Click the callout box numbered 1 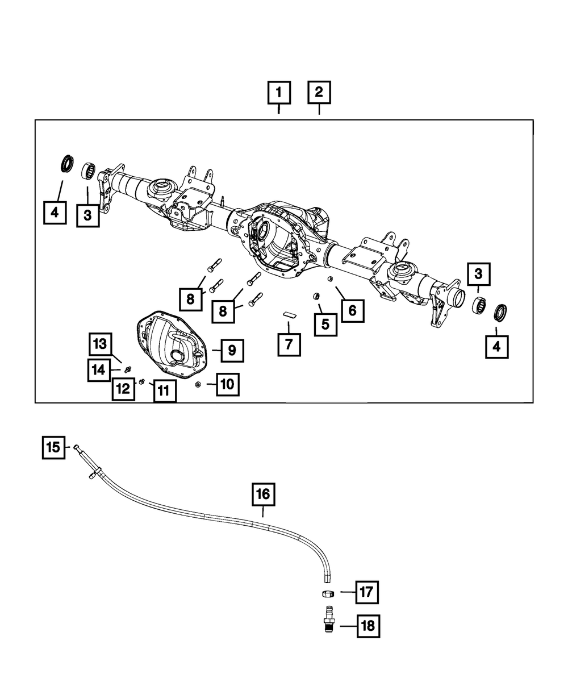click(x=279, y=92)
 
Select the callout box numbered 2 click(x=319, y=92)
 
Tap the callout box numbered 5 click(x=325, y=323)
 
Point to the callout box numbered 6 click(x=352, y=310)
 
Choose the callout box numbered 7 click(x=289, y=344)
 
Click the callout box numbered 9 click(x=232, y=351)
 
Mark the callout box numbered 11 click(x=164, y=390)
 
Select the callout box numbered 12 click(x=123, y=389)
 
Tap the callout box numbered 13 click(x=100, y=344)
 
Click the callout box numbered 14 click(x=99, y=370)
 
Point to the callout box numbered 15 click(x=53, y=447)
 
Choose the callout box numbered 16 click(x=264, y=494)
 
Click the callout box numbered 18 click(x=368, y=626)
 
